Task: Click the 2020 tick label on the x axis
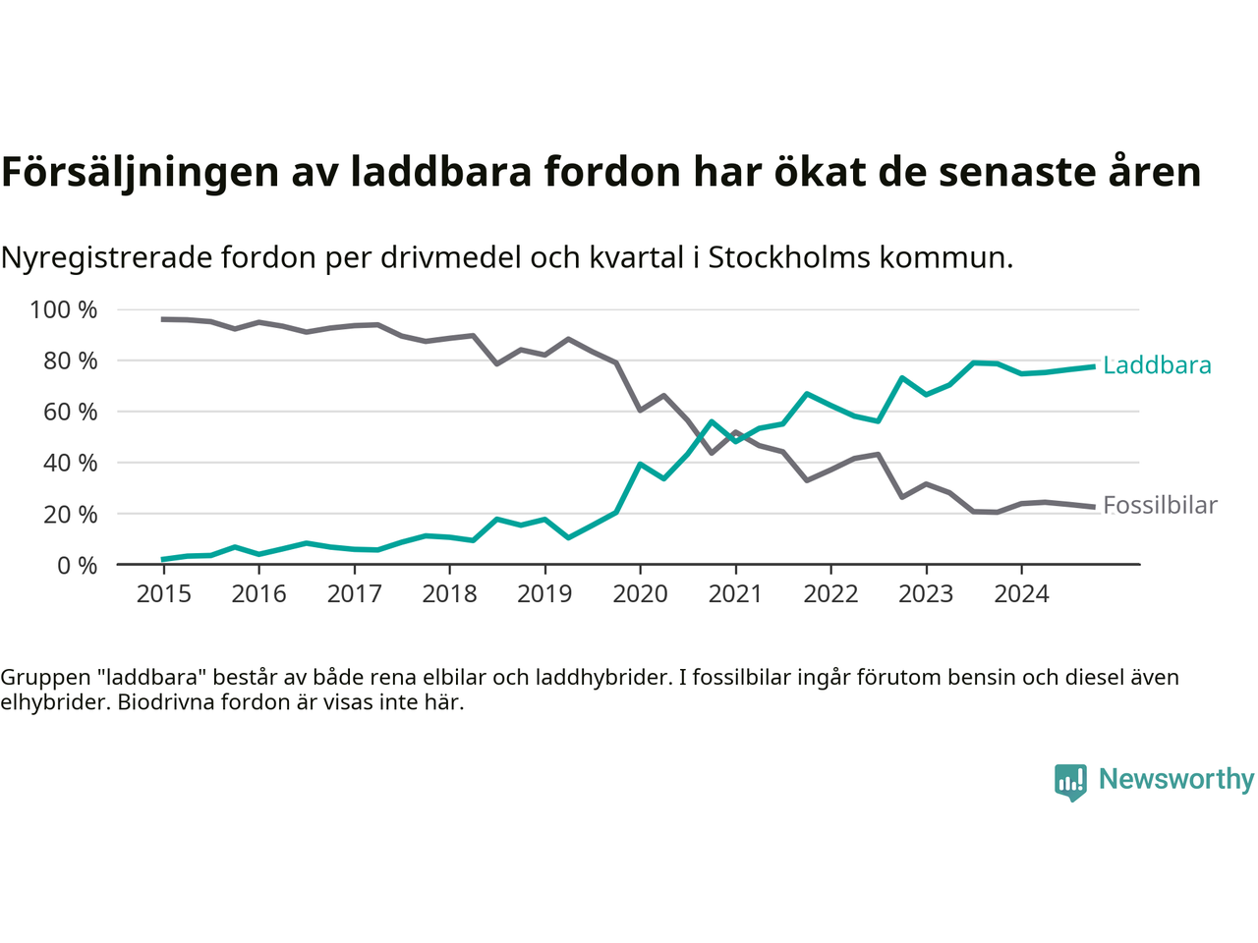tap(640, 593)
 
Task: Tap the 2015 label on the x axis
tap(163, 593)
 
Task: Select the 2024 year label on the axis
tap(1021, 593)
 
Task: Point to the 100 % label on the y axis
tap(64, 310)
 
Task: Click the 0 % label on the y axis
tap(76, 565)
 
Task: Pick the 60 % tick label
tap(70, 412)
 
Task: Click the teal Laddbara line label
tap(1157, 365)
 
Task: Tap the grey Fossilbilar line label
tap(1160, 505)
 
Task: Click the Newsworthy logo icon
tap(1070, 782)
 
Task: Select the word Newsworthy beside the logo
tap(1176, 779)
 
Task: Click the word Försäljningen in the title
tap(141, 172)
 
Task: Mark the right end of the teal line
tap(1094, 366)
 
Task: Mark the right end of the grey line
tap(1094, 507)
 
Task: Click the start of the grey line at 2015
tap(163, 319)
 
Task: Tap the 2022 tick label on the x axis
tap(830, 593)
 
